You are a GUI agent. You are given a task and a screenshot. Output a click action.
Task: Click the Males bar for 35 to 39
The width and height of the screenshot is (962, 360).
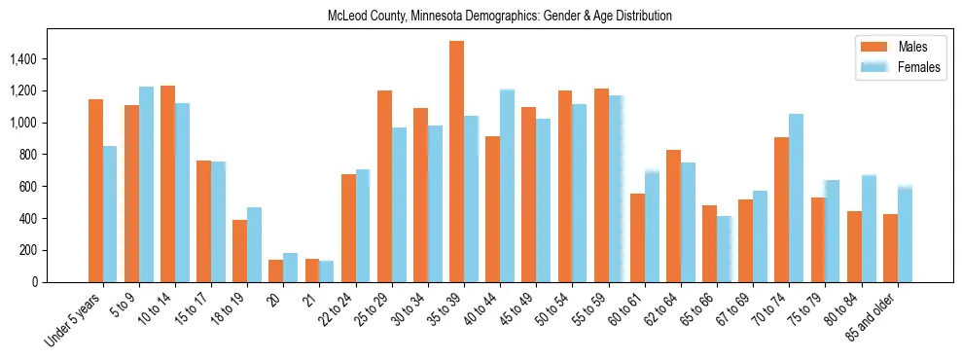pos(456,162)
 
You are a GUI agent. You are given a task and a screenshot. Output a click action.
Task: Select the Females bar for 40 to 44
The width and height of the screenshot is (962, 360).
pos(507,186)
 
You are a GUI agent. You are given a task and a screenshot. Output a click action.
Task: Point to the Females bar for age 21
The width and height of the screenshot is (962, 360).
pos(327,271)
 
